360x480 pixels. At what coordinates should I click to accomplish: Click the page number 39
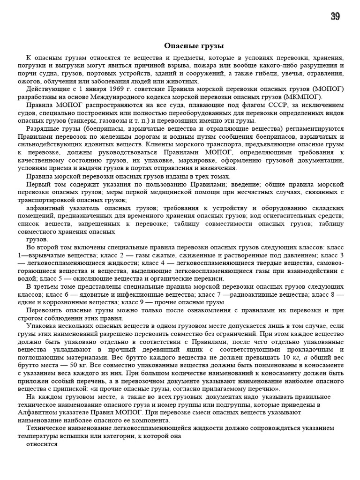pos(335,17)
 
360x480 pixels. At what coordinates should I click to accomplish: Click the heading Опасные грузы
pos(194,46)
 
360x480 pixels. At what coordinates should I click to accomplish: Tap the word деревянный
pos(150,350)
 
